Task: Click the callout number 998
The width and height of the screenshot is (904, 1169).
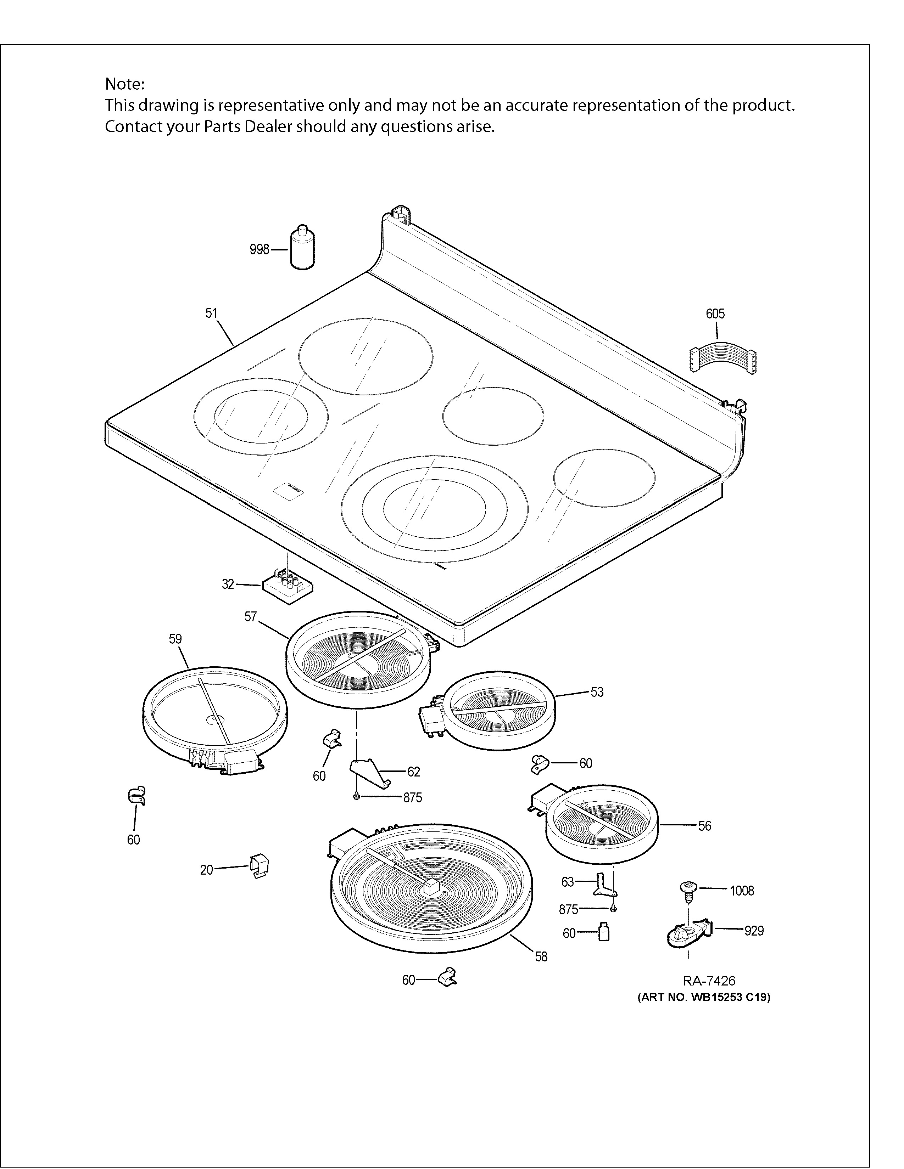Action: (259, 249)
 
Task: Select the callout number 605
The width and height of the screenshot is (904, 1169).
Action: (715, 314)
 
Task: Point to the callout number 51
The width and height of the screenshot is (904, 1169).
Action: (212, 313)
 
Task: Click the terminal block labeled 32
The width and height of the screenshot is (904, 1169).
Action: (288, 587)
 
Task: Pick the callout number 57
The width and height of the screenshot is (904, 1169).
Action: (251, 617)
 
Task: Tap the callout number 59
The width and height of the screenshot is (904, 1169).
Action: (175, 639)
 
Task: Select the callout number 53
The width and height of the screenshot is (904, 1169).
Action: (597, 692)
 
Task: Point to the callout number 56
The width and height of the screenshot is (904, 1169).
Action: (705, 826)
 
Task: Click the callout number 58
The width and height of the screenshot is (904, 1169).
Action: (541, 956)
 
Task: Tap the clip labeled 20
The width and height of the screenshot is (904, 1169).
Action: (259, 866)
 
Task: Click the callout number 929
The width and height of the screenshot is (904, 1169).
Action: (754, 931)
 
